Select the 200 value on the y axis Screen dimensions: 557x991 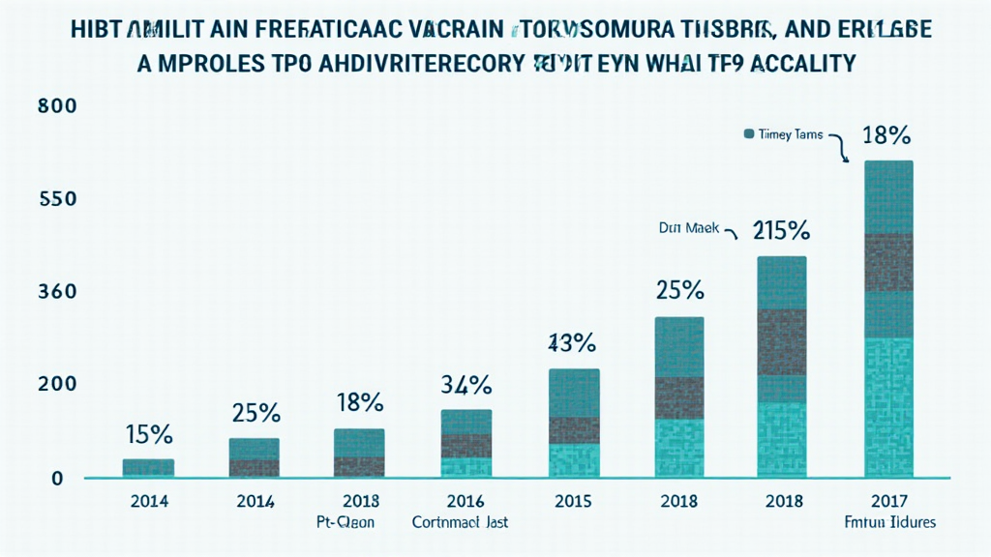coord(56,384)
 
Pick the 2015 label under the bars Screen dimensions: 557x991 coord(574,502)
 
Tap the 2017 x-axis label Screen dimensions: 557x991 coord(888,502)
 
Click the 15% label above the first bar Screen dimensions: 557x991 coord(148,434)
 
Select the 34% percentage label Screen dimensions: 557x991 coord(467,385)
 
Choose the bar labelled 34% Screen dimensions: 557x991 coord(467,443)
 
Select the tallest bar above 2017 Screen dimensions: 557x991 coord(888,318)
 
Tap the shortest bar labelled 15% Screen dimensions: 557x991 coord(148,468)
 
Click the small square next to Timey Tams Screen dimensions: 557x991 coord(748,134)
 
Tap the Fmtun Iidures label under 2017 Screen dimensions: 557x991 coord(888,522)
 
